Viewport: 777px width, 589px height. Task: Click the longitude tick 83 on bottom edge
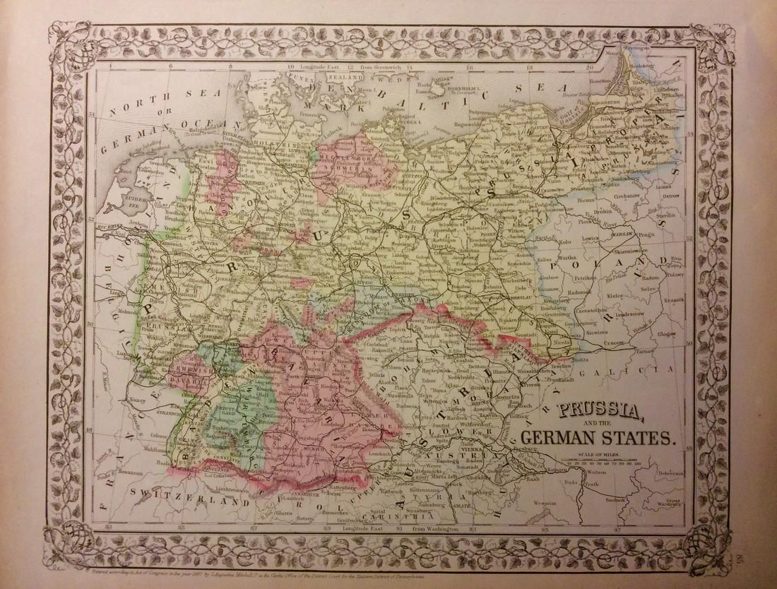tap(108, 528)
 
